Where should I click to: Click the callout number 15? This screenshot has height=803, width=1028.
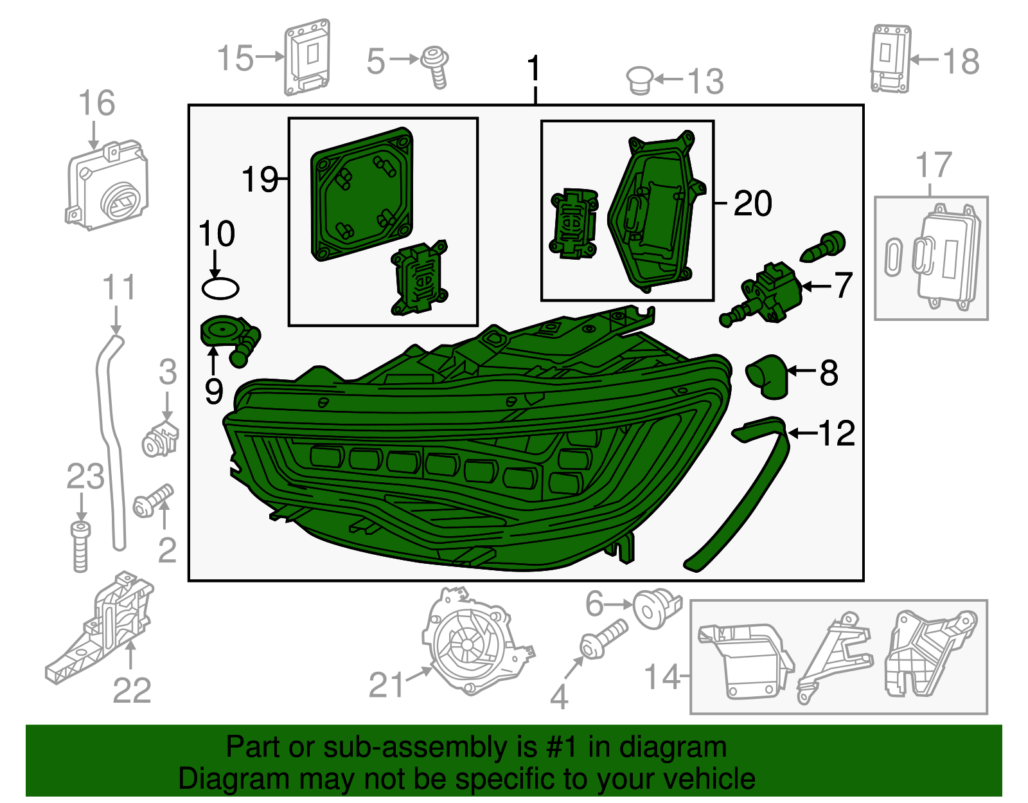point(235,59)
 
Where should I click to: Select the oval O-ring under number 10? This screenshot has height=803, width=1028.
point(220,289)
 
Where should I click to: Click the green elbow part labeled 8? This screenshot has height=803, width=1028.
point(768,376)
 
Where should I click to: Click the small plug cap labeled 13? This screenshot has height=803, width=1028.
point(640,80)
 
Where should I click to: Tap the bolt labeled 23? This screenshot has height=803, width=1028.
point(80,546)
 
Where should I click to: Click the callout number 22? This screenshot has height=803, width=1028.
point(132,690)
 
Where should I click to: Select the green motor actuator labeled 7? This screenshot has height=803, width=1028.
point(768,293)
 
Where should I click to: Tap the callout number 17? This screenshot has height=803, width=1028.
point(933,165)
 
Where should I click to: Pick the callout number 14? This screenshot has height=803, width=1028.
point(662,676)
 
